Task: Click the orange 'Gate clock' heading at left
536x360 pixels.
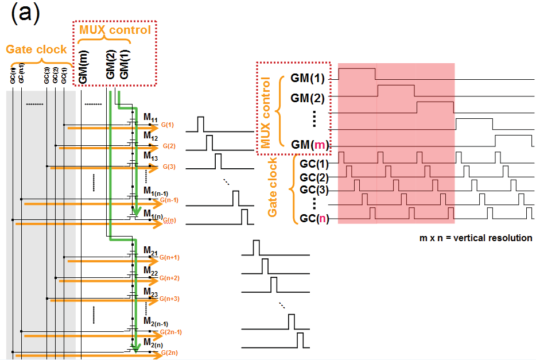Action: (36, 49)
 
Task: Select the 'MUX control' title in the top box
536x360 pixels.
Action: (115, 29)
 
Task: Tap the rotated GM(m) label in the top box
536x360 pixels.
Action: (84, 67)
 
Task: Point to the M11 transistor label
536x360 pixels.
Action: (151, 118)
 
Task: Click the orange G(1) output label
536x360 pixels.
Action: (168, 125)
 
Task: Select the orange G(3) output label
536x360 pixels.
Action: (169, 167)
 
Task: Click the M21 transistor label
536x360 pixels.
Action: (151, 252)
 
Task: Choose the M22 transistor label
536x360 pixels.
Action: (151, 270)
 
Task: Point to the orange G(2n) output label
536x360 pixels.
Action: (170, 352)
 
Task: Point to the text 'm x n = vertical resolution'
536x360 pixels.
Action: (476, 238)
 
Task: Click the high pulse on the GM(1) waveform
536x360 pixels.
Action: (357, 73)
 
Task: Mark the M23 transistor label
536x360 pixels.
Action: (151, 292)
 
